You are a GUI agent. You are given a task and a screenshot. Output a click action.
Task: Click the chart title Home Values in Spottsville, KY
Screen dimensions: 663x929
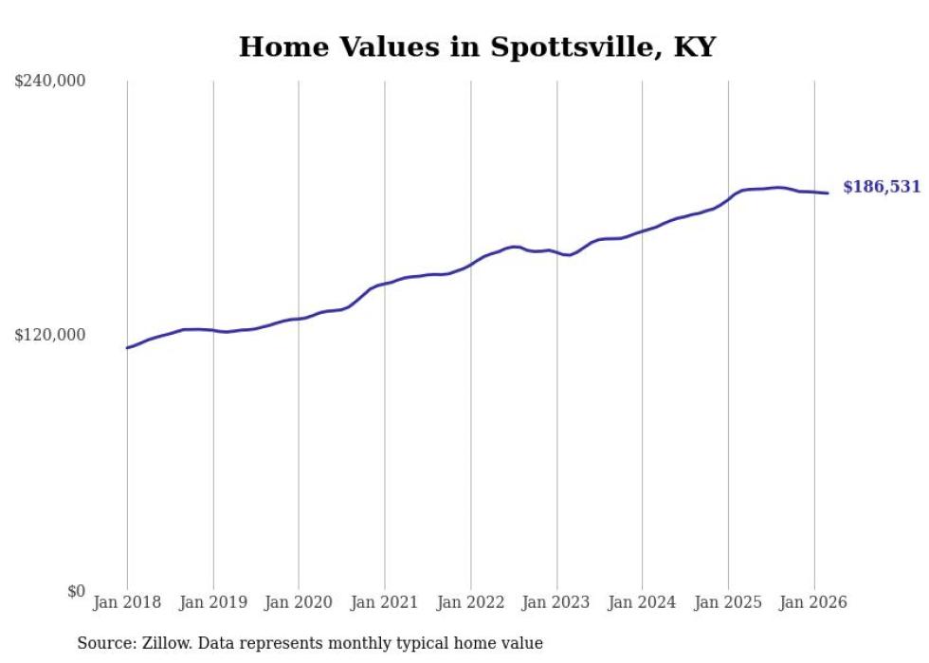pyautogui.click(x=477, y=46)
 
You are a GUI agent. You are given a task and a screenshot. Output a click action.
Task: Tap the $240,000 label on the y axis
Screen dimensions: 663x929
pyautogui.click(x=50, y=81)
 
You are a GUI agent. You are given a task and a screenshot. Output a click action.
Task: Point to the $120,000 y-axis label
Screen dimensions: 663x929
pyautogui.click(x=50, y=335)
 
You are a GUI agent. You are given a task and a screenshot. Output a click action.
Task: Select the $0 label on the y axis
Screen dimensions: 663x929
pyautogui.click(x=76, y=591)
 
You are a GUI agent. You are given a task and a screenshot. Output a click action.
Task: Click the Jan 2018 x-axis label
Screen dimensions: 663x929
pyautogui.click(x=127, y=602)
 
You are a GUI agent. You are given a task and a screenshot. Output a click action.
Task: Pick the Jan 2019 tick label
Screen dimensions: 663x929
pyautogui.click(x=213, y=602)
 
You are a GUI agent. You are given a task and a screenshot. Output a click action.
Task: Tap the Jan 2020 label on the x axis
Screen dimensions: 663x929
pyautogui.click(x=299, y=602)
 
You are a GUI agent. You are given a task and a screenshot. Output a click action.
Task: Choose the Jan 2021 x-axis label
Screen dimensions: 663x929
pyautogui.click(x=385, y=602)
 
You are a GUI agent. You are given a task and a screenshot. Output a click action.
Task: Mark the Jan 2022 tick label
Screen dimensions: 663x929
pyautogui.click(x=470, y=602)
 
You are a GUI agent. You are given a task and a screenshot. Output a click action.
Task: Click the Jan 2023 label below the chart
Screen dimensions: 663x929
pyautogui.click(x=556, y=602)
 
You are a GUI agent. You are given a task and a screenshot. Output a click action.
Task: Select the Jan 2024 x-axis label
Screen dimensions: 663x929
pyautogui.click(x=642, y=602)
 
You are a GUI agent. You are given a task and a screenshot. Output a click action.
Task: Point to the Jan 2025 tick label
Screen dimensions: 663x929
pyautogui.click(x=728, y=602)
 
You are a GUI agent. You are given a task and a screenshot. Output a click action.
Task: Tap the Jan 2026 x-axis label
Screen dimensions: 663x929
pyautogui.click(x=813, y=602)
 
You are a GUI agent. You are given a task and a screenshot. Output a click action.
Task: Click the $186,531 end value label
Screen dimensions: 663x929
pyautogui.click(x=882, y=187)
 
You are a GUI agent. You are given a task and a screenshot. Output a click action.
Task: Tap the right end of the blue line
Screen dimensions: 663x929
pyautogui.click(x=829, y=193)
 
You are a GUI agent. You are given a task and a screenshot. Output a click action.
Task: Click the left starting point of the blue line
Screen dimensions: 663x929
pyautogui.click(x=127, y=348)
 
